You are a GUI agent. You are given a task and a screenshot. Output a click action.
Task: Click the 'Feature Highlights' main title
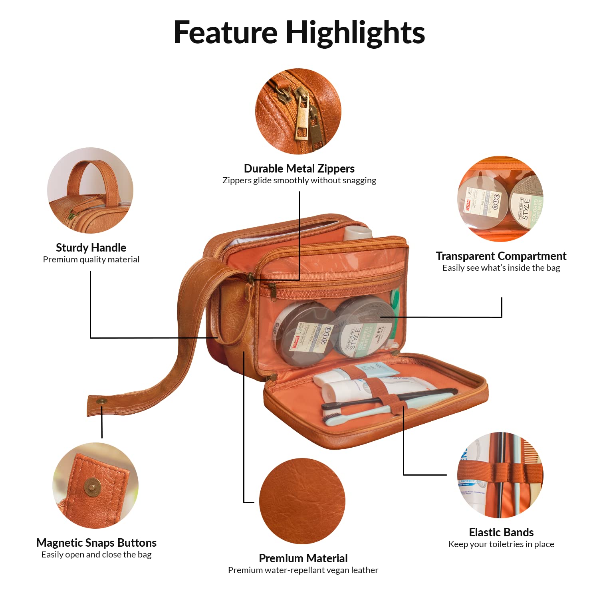pyautogui.click(x=299, y=33)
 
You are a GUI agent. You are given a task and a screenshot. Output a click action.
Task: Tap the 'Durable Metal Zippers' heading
pyautogui.click(x=299, y=169)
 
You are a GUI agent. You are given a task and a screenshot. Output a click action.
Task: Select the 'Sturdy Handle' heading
pyautogui.click(x=91, y=248)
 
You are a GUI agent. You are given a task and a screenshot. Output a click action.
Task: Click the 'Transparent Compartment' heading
pyautogui.click(x=501, y=256)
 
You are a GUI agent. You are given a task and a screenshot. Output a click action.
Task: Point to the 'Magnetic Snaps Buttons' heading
pyautogui.click(x=96, y=543)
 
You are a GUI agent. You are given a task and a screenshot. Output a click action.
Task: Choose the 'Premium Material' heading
pyautogui.click(x=303, y=558)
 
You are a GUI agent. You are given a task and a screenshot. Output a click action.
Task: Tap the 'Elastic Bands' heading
pyautogui.click(x=501, y=532)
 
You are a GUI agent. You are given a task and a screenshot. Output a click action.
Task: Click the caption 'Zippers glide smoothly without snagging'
pyautogui.click(x=299, y=180)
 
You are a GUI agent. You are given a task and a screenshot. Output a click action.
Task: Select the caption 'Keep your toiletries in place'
pyautogui.click(x=501, y=544)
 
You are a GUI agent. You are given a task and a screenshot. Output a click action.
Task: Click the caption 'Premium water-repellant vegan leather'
pyautogui.click(x=303, y=570)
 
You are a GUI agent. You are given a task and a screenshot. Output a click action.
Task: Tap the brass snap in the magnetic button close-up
pyautogui.click(x=93, y=487)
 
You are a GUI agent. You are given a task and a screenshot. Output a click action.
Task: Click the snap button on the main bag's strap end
pyautogui.click(x=102, y=401)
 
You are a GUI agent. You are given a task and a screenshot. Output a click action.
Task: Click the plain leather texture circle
pyautogui.click(x=302, y=501)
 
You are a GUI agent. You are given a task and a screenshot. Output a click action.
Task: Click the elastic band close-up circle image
pyautogui.click(x=500, y=475)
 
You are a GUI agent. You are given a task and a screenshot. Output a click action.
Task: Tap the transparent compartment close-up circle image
pyautogui.click(x=500, y=198)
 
